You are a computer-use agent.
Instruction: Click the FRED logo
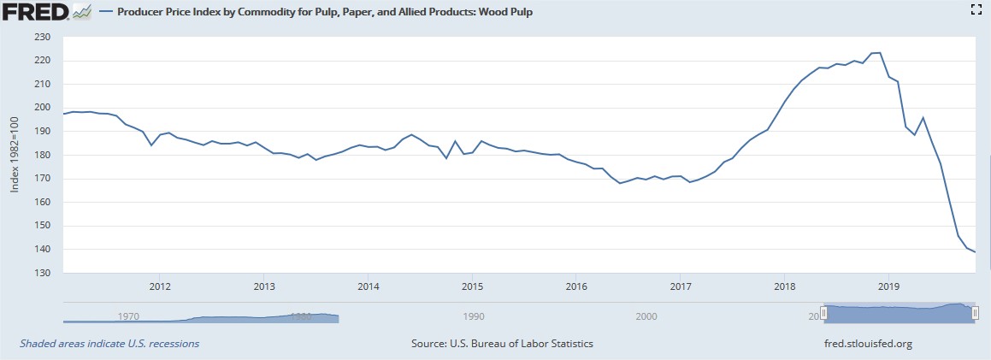(36, 13)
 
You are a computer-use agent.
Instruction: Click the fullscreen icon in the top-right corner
(974, 10)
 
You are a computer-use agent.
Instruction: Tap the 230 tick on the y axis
(43, 37)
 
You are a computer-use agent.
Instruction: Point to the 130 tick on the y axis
(43, 273)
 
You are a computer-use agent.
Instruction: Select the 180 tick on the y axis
(43, 155)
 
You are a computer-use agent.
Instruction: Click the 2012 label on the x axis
(159, 286)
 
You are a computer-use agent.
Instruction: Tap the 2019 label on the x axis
(889, 286)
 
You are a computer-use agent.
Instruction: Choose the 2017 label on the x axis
(681, 286)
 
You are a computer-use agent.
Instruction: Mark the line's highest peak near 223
(876, 53)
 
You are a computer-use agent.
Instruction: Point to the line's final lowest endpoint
(975, 251)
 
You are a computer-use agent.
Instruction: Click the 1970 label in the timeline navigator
(129, 316)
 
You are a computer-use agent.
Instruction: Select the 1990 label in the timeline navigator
(474, 316)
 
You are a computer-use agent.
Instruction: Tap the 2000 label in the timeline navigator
(646, 316)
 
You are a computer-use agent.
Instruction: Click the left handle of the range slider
(823, 314)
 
